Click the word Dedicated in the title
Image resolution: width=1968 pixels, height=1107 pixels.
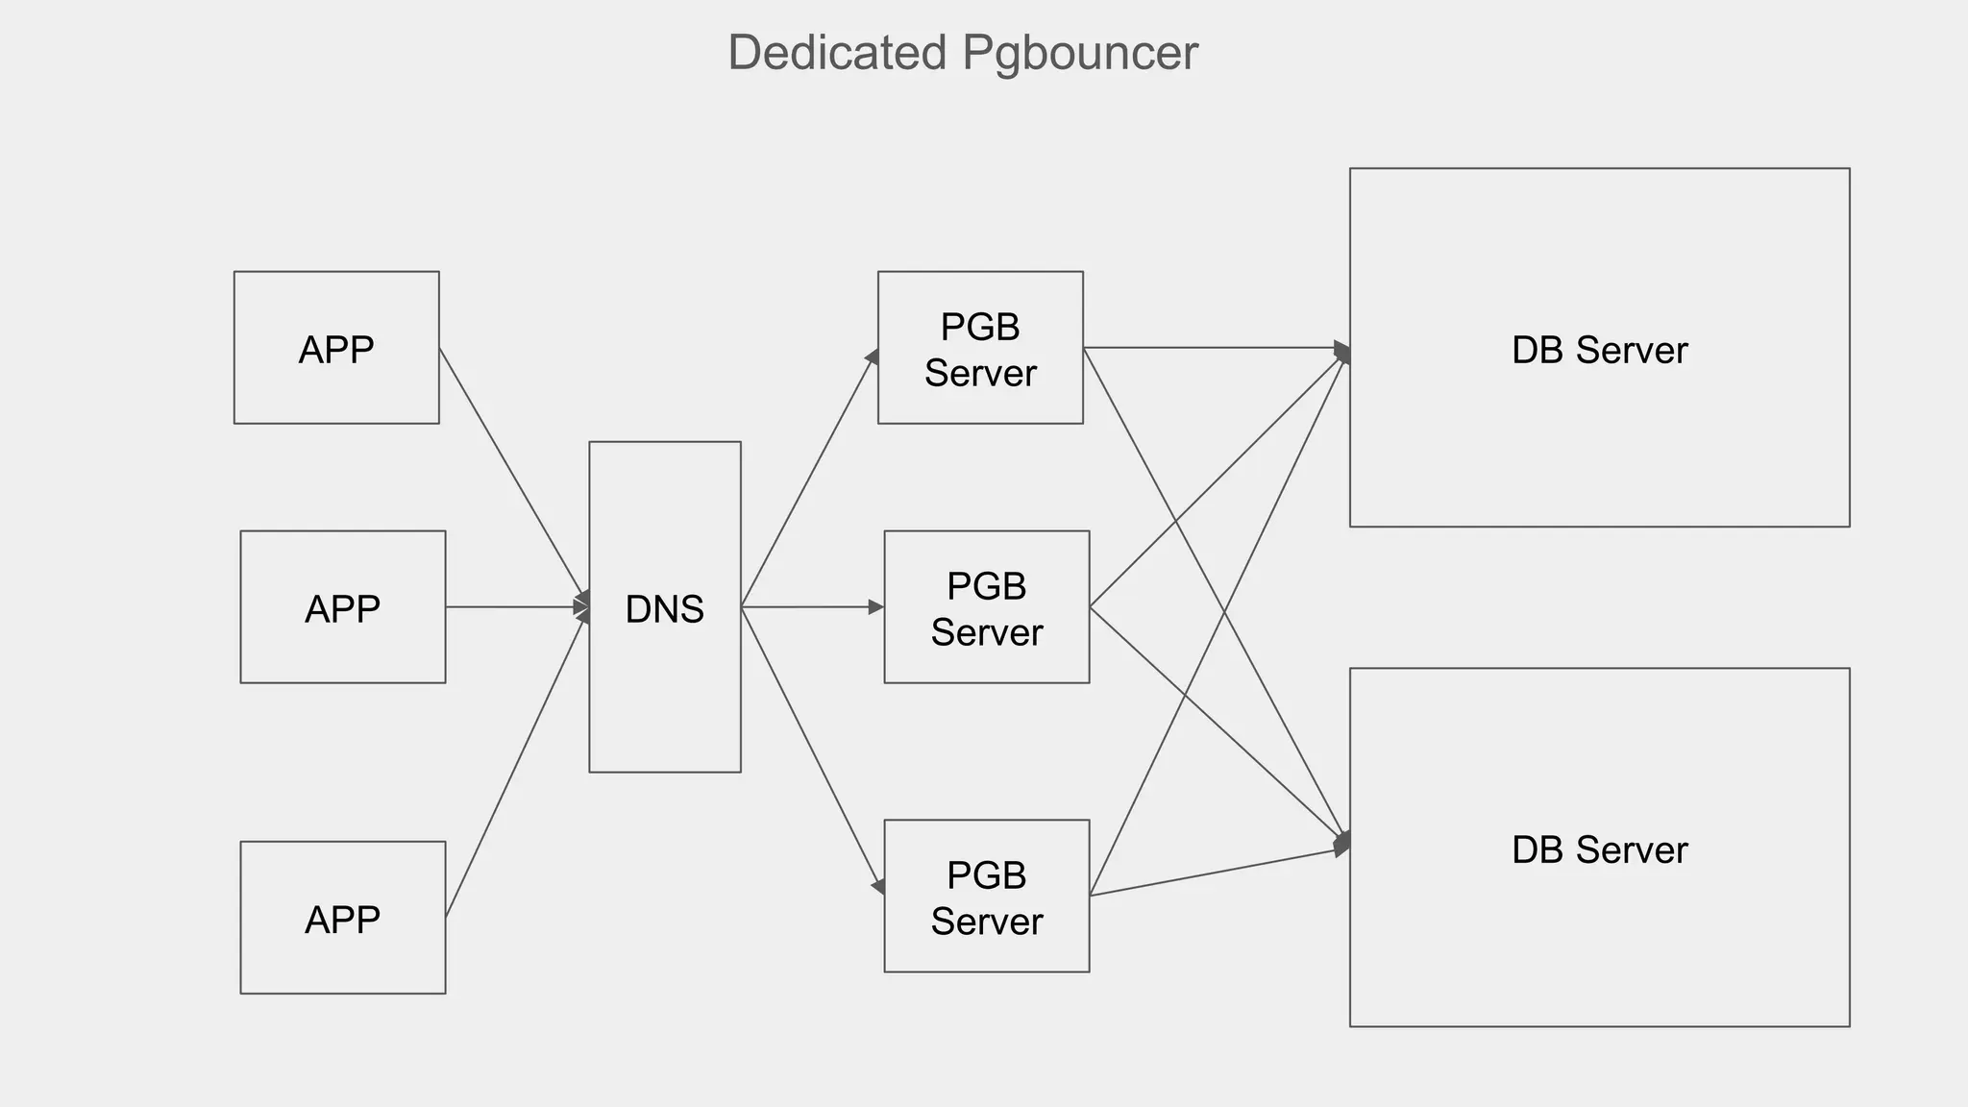tap(837, 53)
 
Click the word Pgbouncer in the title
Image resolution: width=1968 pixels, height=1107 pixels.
tap(1080, 53)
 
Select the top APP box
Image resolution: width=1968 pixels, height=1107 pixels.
tap(336, 348)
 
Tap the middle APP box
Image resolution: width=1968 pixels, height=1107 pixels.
tap(343, 607)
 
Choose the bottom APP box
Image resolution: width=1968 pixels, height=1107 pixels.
tap(343, 918)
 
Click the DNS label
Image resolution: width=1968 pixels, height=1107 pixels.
tap(665, 609)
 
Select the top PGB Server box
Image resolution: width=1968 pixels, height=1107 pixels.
tap(980, 348)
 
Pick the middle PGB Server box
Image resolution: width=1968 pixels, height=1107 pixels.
tap(987, 607)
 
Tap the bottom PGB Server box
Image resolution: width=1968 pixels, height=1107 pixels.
tap(987, 897)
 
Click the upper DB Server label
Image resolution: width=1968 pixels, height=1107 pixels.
tap(1599, 350)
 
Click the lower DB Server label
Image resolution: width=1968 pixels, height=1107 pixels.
tap(1599, 849)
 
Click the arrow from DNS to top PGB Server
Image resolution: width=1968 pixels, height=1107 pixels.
tap(809, 478)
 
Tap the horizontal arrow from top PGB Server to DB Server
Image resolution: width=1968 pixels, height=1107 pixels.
tap(1216, 348)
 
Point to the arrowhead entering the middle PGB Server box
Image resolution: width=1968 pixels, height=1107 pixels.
tap(875, 607)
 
